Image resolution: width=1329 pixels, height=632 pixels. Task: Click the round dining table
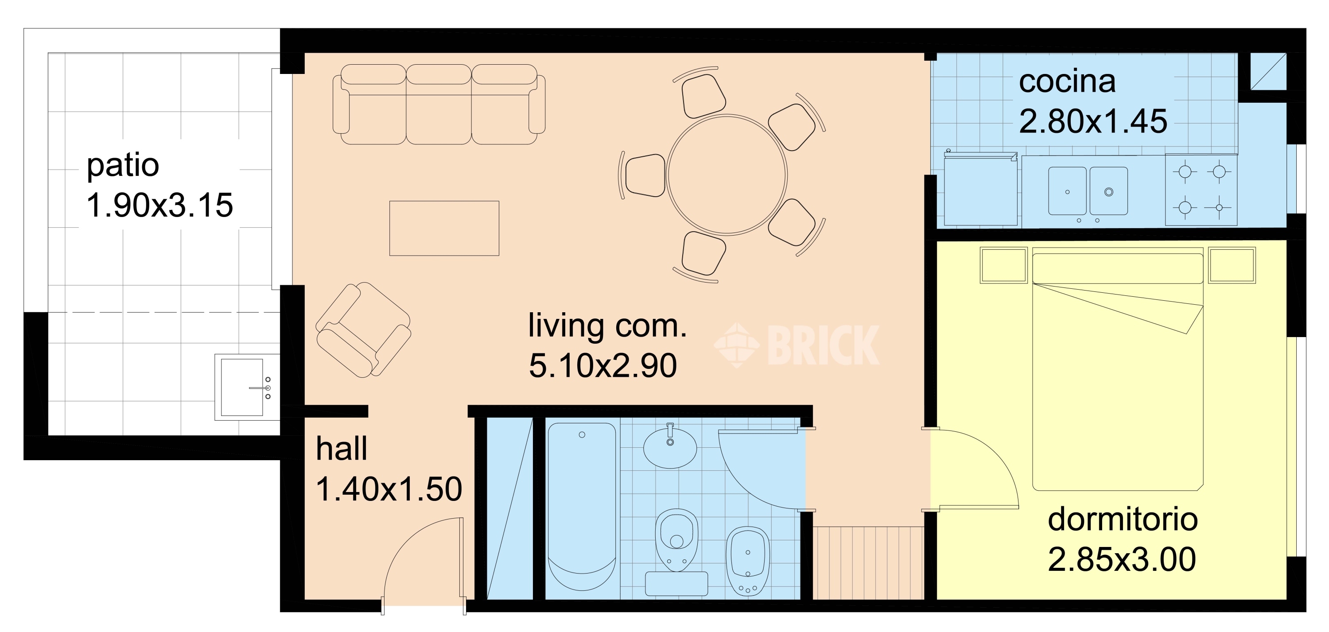[x=727, y=175]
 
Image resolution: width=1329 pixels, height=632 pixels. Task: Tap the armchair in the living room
[x=363, y=330]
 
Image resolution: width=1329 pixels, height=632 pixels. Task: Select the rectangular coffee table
[x=444, y=228]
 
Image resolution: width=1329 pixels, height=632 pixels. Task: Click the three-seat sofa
[x=439, y=104]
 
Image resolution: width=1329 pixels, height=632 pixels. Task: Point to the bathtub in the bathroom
[x=581, y=506]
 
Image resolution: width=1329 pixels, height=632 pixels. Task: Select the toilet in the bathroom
[x=676, y=539]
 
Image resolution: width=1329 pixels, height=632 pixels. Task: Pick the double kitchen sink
[x=1088, y=191]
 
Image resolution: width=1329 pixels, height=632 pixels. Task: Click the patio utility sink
[x=247, y=387]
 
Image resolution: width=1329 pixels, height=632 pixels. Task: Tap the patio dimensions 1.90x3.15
[x=159, y=205]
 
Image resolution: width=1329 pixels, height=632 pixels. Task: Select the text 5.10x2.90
[x=602, y=366]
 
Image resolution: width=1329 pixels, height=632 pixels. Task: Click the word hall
[x=342, y=448]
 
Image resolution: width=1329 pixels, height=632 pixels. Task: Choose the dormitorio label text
[x=1123, y=519]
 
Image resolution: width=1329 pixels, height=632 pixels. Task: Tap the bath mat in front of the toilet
[x=676, y=583]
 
